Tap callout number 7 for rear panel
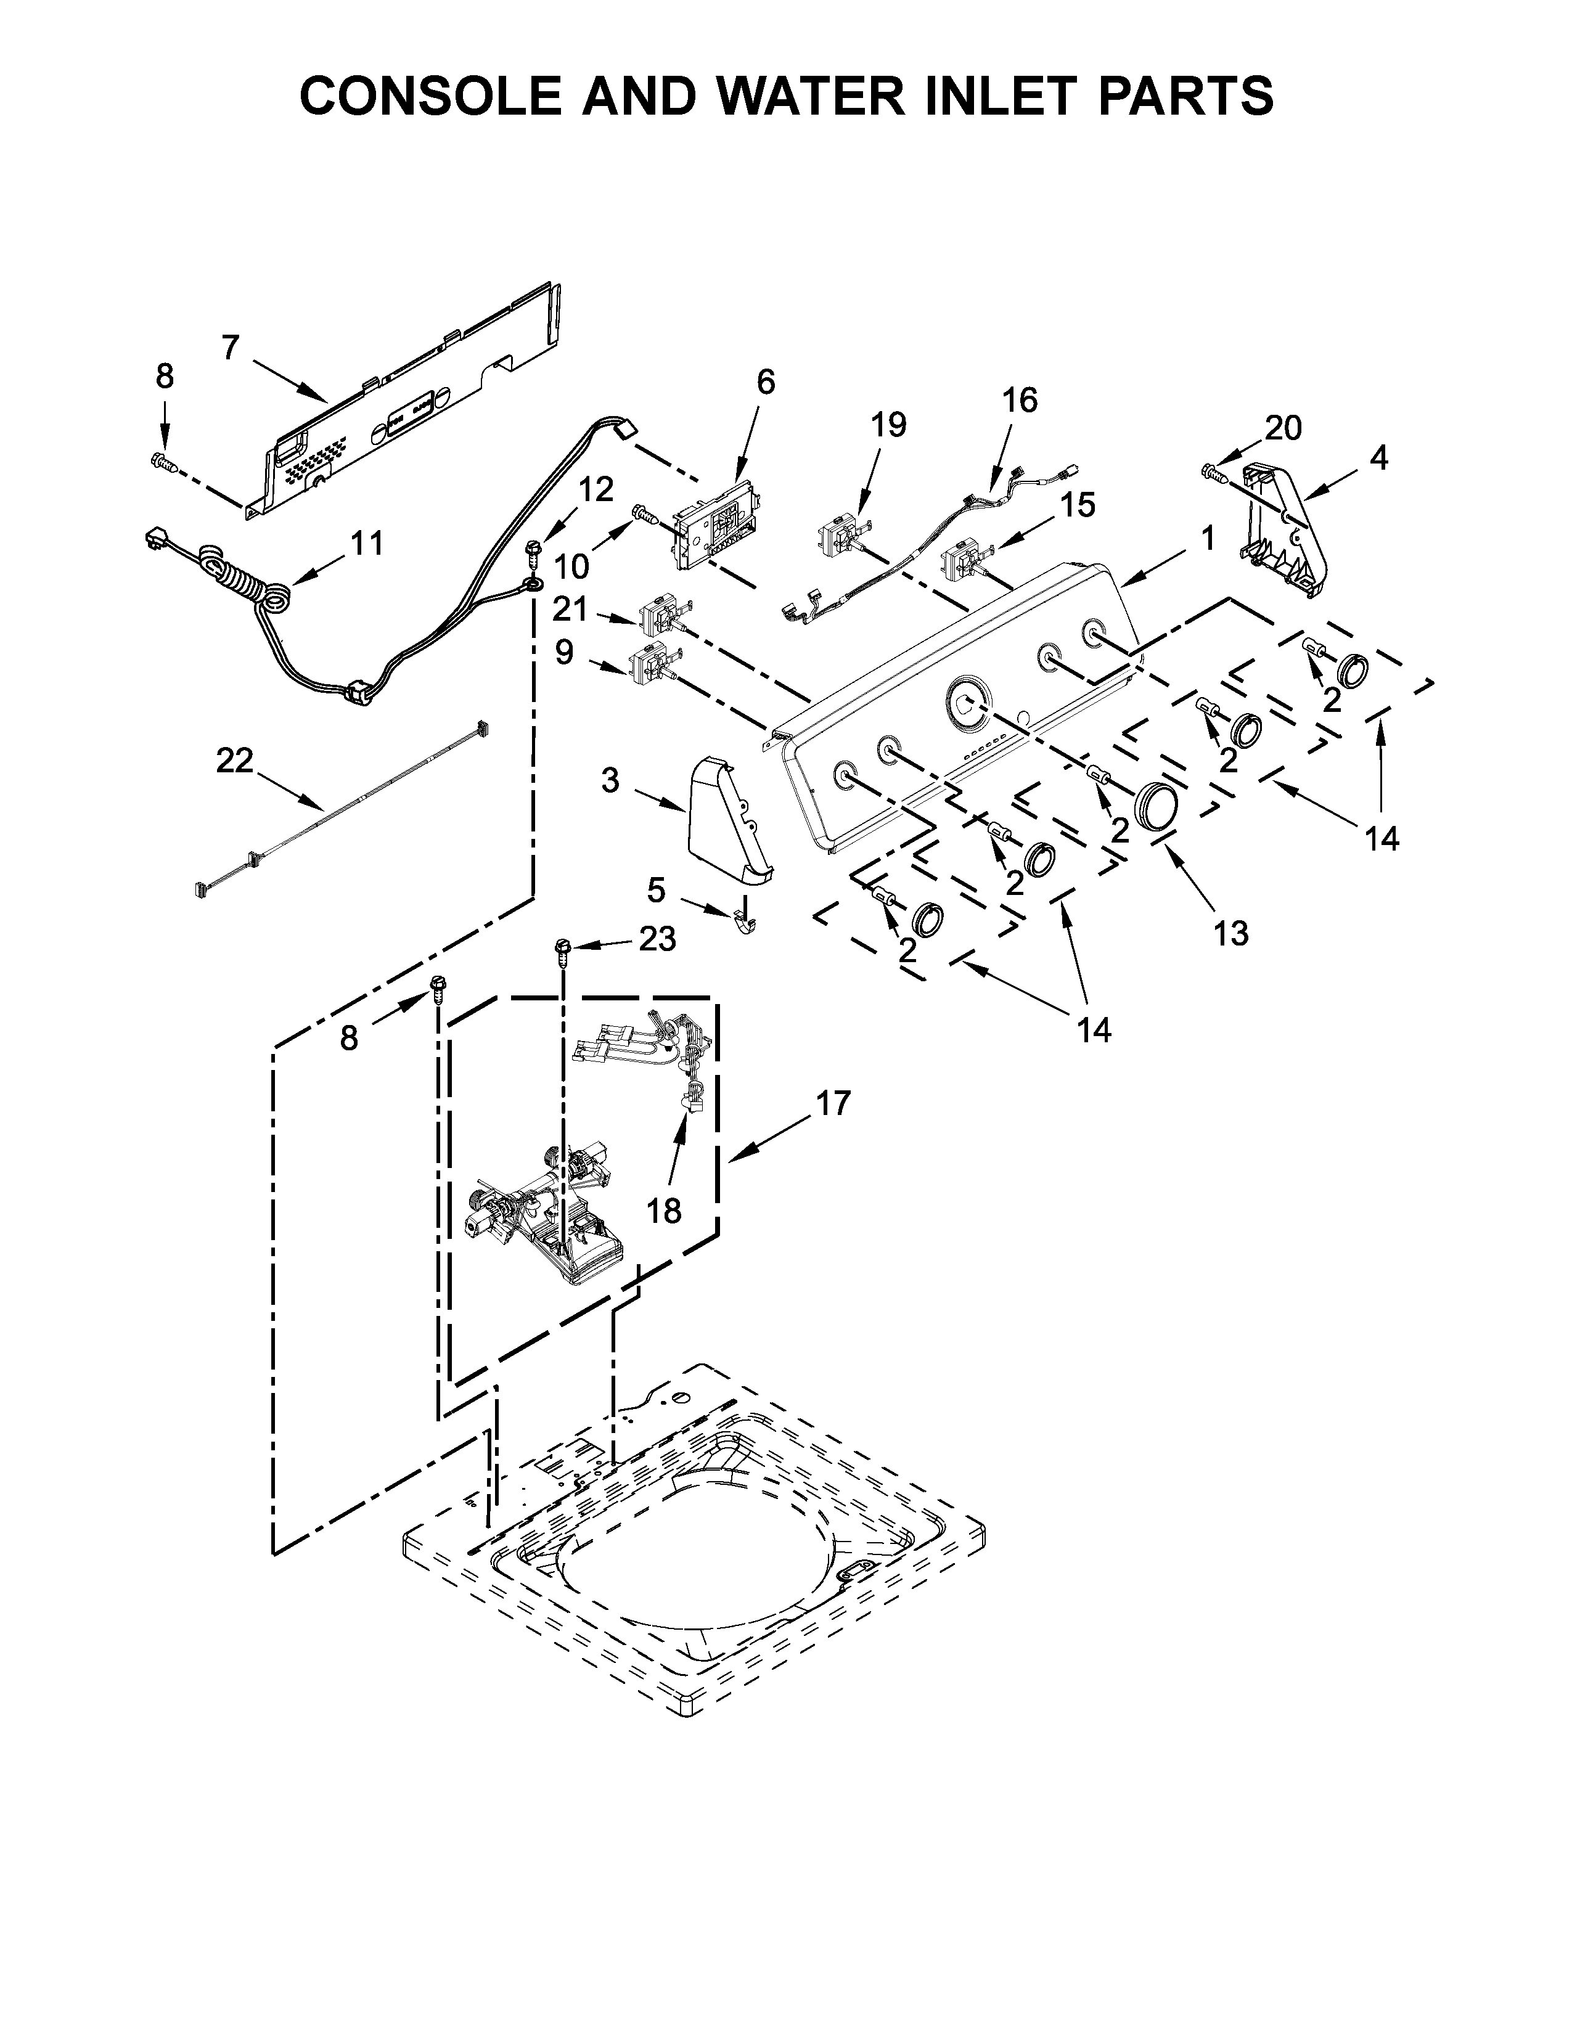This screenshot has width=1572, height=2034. click(231, 348)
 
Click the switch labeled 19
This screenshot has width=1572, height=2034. click(840, 540)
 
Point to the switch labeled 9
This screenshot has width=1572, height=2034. click(652, 663)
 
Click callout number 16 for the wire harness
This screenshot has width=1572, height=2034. click(1019, 401)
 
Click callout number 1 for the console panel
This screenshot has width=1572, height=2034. click(1207, 537)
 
